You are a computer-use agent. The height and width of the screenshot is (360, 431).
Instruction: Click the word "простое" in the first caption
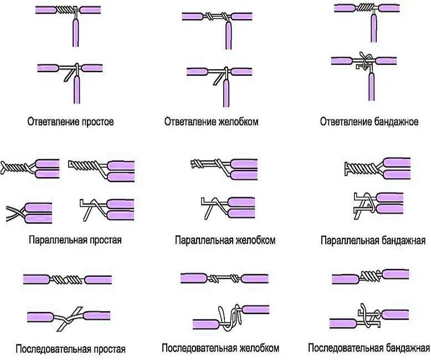pyautogui.click(x=97, y=121)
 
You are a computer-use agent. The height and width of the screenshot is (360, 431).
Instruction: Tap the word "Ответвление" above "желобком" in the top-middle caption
pyautogui.click(x=186, y=121)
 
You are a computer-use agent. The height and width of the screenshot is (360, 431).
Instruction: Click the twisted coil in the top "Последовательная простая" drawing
pyautogui.click(x=67, y=279)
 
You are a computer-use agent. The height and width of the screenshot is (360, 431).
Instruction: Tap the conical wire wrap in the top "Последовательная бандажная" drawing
pyautogui.click(x=367, y=274)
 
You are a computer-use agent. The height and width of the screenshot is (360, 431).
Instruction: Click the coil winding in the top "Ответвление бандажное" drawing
pyautogui.click(x=363, y=8)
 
